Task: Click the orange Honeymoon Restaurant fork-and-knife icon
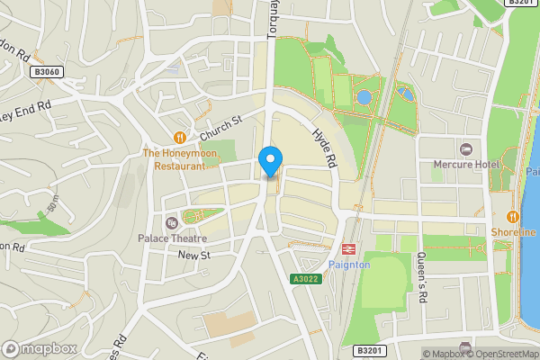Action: click(x=181, y=138)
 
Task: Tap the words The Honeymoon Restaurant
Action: click(x=181, y=159)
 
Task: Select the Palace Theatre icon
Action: click(x=172, y=223)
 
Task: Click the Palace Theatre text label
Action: click(x=172, y=238)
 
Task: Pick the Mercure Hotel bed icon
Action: click(x=466, y=148)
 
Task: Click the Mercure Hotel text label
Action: click(x=467, y=165)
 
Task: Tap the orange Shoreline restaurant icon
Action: click(x=512, y=216)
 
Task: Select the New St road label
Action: click(x=193, y=256)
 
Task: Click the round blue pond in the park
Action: click(x=364, y=97)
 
